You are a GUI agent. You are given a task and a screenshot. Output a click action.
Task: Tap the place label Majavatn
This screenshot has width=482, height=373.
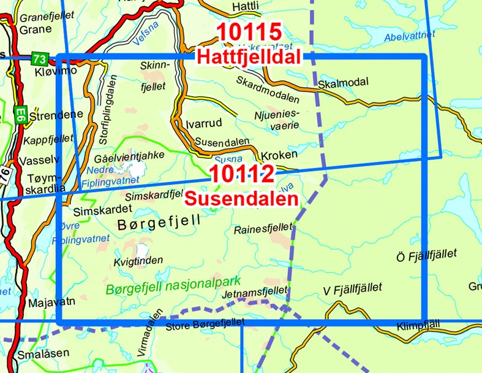pos(47,302)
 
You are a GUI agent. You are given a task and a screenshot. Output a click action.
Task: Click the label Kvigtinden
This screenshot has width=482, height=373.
pos(138,261)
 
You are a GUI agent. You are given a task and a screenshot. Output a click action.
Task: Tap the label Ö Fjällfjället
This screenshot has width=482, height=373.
pos(427,254)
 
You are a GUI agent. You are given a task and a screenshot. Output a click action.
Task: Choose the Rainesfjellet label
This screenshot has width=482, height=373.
pos(263,229)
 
